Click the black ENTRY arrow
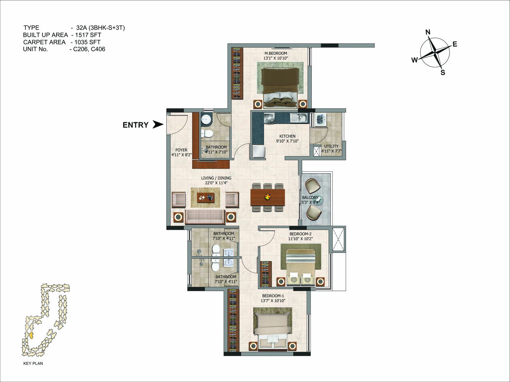(x=158, y=124)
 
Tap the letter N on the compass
(x=428, y=32)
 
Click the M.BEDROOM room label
(x=276, y=53)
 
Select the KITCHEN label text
(x=287, y=136)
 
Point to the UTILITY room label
(x=331, y=146)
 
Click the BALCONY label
(x=310, y=197)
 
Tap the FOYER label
(x=181, y=150)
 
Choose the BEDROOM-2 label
(x=300, y=234)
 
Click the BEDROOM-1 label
(x=273, y=296)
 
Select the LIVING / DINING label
(x=216, y=178)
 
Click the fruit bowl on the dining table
(x=268, y=196)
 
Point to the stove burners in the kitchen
(x=269, y=118)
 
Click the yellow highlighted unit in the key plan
(x=31, y=335)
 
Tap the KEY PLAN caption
(x=33, y=363)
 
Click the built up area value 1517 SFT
(x=88, y=35)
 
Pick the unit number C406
(x=98, y=49)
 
